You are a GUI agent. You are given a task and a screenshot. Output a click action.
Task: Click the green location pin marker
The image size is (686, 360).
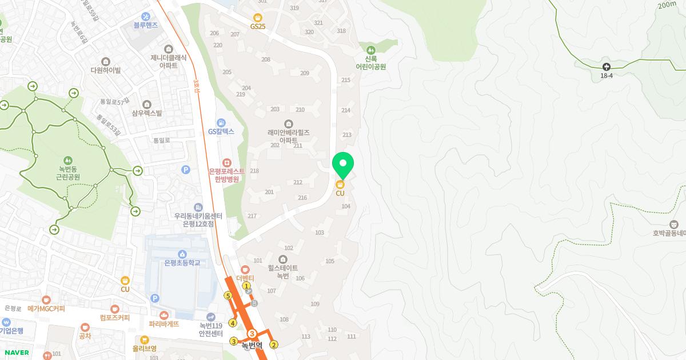click(x=343, y=165)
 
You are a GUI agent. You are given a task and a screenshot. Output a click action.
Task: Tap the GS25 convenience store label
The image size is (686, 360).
click(x=258, y=26)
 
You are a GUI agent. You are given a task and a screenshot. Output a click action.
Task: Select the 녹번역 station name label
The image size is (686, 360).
click(x=252, y=345)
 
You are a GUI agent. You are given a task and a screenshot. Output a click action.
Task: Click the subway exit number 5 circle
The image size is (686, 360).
click(x=228, y=295)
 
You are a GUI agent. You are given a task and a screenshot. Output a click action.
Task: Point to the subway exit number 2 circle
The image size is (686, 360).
click(x=274, y=344)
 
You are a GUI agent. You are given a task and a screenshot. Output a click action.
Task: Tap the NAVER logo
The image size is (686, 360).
click(x=15, y=353)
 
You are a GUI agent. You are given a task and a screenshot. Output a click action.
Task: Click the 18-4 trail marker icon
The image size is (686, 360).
click(x=606, y=66)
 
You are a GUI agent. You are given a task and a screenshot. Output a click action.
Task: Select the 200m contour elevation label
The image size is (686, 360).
click(x=667, y=5)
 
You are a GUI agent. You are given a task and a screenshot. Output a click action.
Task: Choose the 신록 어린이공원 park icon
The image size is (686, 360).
click(x=371, y=50)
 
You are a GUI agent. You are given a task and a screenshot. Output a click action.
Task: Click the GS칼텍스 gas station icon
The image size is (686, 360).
click(x=221, y=123)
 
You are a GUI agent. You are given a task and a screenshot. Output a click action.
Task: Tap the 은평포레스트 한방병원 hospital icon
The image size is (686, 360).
click(x=226, y=163)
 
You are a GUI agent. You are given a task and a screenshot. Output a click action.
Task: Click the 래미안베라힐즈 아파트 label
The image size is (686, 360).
click(x=289, y=135)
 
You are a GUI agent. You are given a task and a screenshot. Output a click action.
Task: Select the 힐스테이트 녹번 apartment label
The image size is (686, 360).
click(x=283, y=271)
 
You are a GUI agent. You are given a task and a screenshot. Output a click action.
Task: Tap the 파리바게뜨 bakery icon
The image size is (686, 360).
click(x=164, y=315)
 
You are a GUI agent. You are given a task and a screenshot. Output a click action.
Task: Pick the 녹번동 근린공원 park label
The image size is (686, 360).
click(x=67, y=173)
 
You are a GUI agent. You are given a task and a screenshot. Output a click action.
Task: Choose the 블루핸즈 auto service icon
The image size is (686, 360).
click(x=146, y=16)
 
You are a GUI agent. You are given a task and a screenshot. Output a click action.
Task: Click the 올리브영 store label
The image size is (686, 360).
click(x=144, y=348)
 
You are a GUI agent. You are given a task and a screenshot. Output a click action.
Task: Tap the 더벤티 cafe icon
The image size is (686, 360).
click(x=245, y=269)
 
